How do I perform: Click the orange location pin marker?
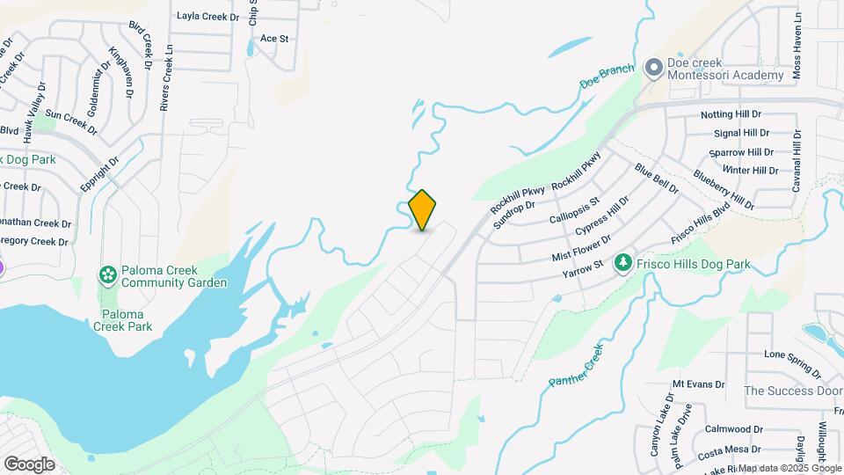(x=423, y=209)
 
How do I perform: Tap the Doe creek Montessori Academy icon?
(x=653, y=68)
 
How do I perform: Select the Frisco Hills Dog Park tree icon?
(x=623, y=263)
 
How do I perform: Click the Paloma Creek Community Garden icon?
(x=107, y=276)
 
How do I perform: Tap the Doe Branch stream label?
(x=607, y=76)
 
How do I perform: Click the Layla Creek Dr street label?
(x=207, y=16)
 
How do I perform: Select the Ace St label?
(x=274, y=39)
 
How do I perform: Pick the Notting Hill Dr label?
(x=731, y=115)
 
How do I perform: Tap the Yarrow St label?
(x=583, y=266)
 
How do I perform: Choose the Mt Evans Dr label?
(x=698, y=384)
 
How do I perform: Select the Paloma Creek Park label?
(x=122, y=320)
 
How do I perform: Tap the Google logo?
(x=29, y=464)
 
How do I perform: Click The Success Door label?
(x=793, y=391)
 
